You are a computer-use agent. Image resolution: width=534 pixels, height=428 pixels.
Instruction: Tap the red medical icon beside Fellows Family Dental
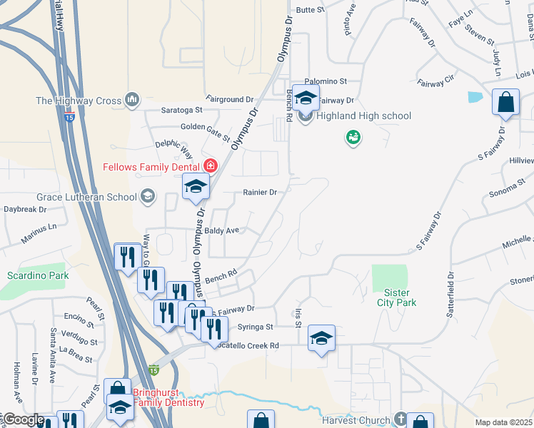pos(210,166)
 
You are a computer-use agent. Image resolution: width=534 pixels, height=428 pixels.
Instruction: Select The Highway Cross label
pos(79,101)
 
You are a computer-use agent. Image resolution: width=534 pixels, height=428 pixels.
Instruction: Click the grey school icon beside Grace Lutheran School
pos(148,196)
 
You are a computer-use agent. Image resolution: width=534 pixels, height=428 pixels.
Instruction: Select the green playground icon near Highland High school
pos(352,136)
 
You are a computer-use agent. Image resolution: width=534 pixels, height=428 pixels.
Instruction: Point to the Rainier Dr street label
pos(259,192)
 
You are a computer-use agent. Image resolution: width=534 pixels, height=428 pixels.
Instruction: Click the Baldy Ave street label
pos(221,230)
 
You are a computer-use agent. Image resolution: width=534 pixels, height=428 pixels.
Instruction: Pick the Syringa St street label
pos(260,327)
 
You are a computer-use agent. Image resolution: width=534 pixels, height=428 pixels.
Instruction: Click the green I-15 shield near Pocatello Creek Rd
pos(153,370)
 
